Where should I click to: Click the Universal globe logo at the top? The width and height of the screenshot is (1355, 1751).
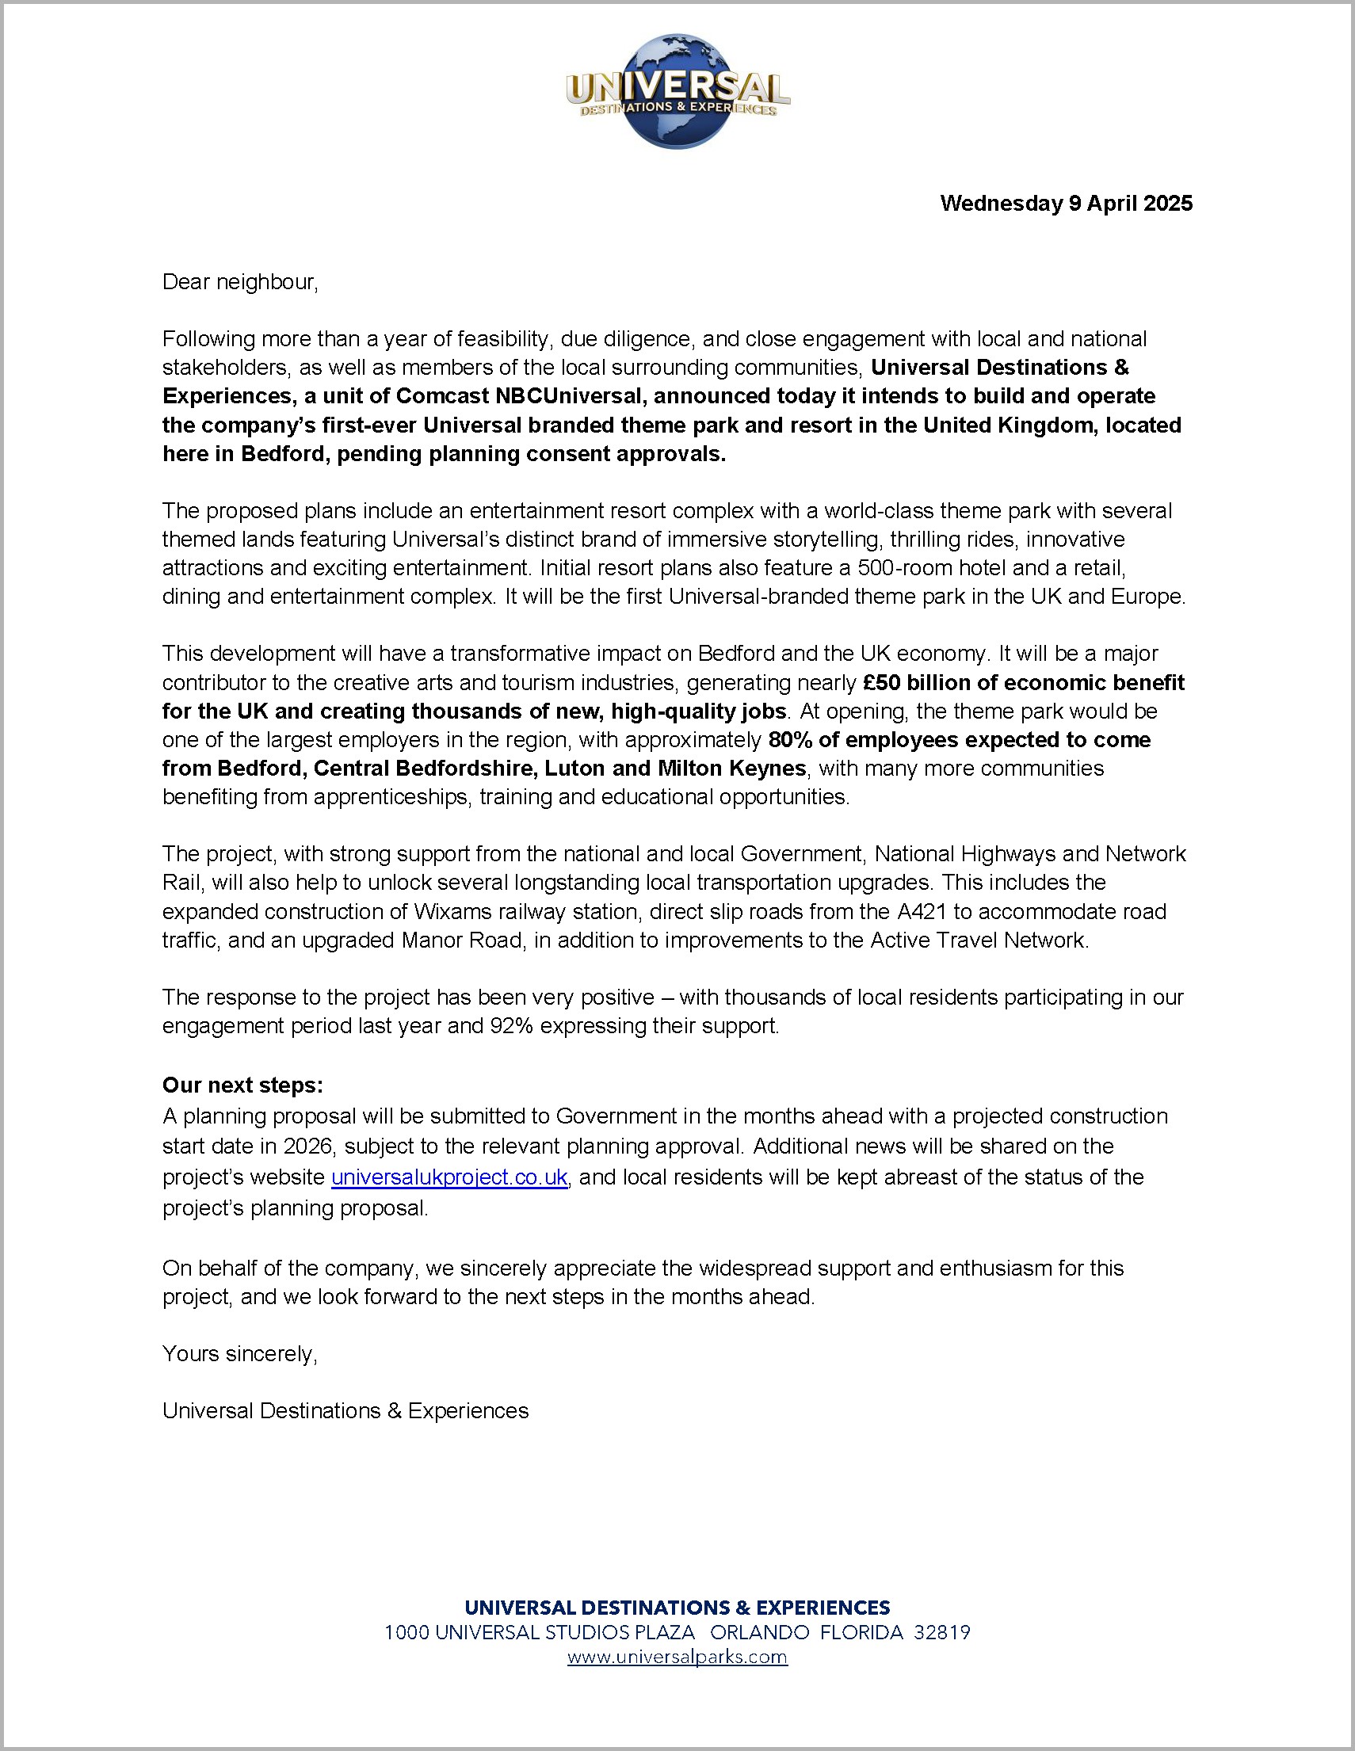coord(677,91)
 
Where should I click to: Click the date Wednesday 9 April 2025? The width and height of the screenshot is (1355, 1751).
coord(1066,203)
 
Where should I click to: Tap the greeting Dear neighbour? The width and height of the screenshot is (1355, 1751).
coord(240,282)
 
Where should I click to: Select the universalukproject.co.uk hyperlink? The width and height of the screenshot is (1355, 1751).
coord(449,1177)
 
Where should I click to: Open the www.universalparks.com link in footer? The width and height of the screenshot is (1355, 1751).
coord(677,1658)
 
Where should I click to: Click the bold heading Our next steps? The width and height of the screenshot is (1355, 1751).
coord(242,1085)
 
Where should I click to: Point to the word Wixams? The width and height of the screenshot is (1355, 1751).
coord(452,912)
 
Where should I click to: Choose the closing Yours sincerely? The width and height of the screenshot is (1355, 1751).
coord(240,1353)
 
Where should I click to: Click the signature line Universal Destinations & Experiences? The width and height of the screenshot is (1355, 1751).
coord(345,1410)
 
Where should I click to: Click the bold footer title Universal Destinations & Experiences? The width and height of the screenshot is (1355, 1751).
coord(677,1608)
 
